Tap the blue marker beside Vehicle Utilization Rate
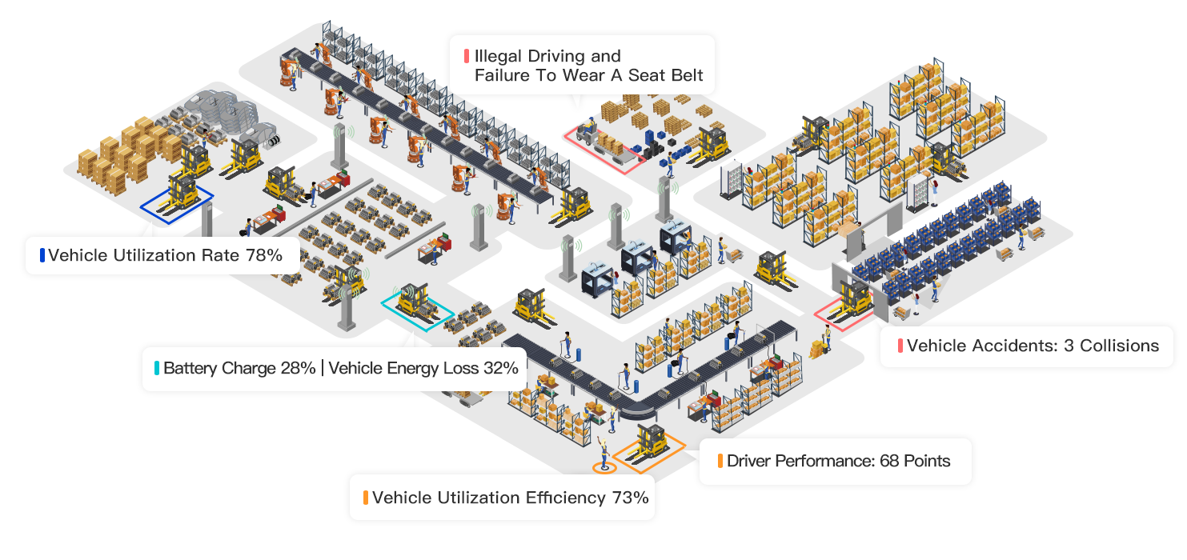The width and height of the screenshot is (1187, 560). [x=42, y=256]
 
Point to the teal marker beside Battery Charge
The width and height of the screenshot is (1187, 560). [x=157, y=369]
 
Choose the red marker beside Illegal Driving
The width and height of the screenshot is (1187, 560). [x=466, y=57]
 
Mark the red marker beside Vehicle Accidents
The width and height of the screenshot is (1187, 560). [x=900, y=346]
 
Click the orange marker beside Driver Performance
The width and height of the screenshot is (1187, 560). [x=720, y=461]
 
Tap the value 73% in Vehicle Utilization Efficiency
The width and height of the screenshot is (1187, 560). [x=630, y=498]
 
